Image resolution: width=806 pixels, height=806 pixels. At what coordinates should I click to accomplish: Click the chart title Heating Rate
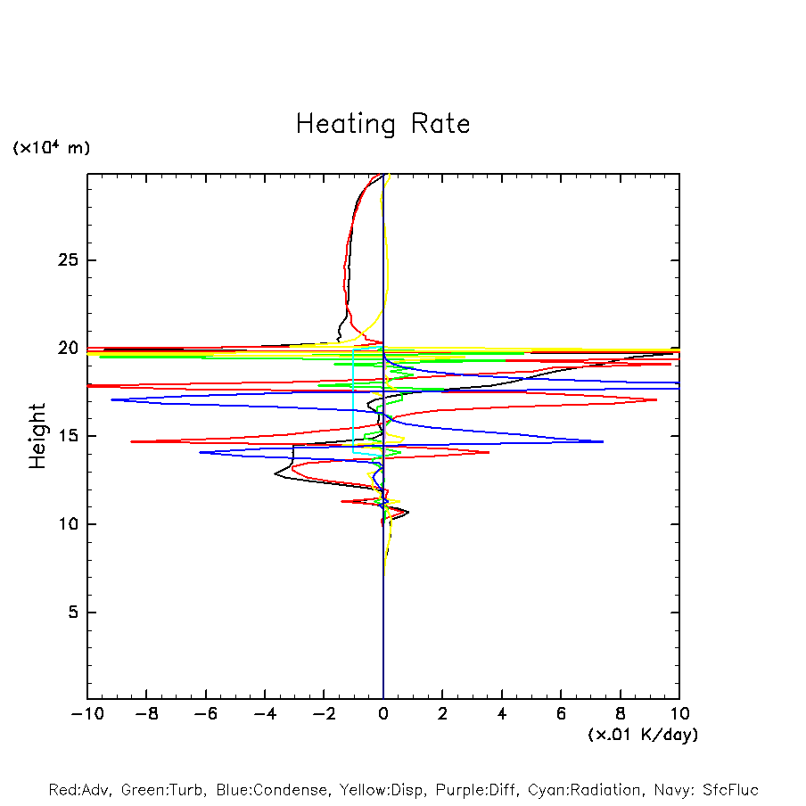pyautogui.click(x=382, y=124)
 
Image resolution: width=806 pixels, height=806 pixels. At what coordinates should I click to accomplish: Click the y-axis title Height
pyautogui.click(x=37, y=436)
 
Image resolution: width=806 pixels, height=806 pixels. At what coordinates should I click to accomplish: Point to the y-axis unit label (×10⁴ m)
pyautogui.click(x=51, y=148)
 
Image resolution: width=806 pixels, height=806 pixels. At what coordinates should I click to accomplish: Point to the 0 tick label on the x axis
pyautogui.click(x=383, y=714)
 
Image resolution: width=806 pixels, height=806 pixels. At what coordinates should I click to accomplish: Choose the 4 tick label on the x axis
pyautogui.click(x=502, y=714)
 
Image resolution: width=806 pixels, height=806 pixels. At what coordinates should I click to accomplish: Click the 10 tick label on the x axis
pyautogui.click(x=679, y=714)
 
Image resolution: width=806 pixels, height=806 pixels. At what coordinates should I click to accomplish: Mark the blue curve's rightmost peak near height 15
pyautogui.click(x=603, y=441)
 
